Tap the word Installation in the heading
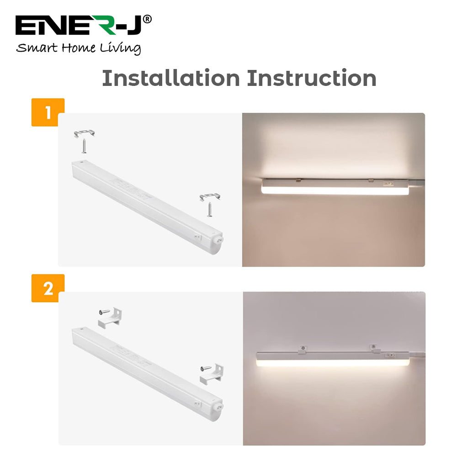(x=170, y=78)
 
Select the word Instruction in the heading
(x=312, y=78)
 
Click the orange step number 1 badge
(x=48, y=112)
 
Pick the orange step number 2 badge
(x=48, y=288)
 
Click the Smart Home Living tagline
(x=78, y=48)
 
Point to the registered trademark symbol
(x=147, y=19)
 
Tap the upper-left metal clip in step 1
(x=85, y=133)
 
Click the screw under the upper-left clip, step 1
(x=84, y=146)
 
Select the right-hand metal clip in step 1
(x=210, y=197)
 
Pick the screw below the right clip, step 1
(x=210, y=209)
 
